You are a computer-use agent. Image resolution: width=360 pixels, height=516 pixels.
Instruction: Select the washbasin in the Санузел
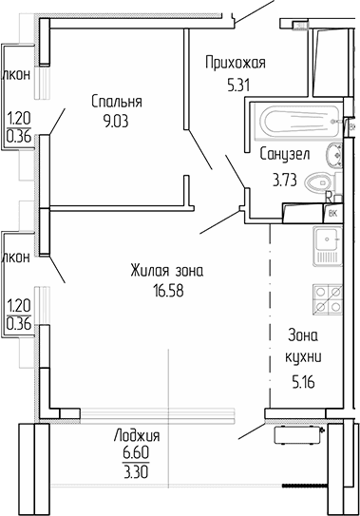point(332,155)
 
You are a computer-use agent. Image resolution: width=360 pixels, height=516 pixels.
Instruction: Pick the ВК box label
point(332,213)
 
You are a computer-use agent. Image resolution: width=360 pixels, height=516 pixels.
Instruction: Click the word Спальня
point(117,102)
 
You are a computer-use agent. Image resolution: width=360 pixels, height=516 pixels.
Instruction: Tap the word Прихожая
point(235,63)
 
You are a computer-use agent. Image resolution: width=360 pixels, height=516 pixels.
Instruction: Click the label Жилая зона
point(166,272)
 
